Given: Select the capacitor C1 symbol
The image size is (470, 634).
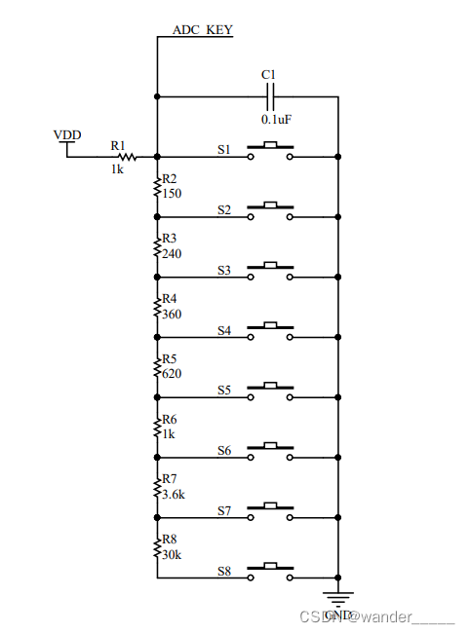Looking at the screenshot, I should coord(270,96).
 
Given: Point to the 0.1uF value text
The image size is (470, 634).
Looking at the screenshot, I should coord(276,119).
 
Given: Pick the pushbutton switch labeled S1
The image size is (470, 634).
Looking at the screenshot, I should coord(271,151).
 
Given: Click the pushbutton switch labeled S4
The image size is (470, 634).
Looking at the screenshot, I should coord(271,332).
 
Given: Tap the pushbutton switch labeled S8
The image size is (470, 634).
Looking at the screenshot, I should coord(271,573).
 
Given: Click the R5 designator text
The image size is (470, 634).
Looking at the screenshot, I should coord(170,359).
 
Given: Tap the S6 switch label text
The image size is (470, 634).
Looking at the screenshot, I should coord(223,451).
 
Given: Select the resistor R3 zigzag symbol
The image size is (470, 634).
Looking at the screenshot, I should coord(157,245).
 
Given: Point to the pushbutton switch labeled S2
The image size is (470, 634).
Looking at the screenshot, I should coord(271,211).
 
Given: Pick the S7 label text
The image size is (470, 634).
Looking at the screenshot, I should coord(223,510).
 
